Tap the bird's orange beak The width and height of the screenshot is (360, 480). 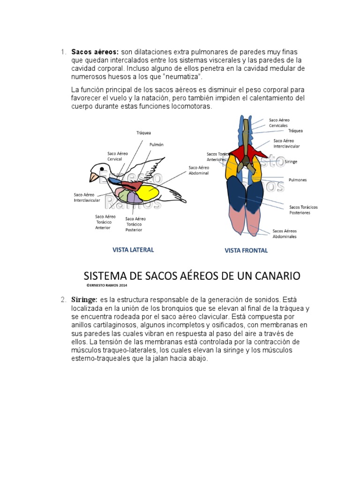click(93, 177)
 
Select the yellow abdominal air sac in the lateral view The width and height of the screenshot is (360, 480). click(147, 192)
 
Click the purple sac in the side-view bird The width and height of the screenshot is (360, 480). click(134, 197)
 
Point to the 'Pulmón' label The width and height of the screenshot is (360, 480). click(156, 145)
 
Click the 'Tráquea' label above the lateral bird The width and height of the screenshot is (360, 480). click(143, 133)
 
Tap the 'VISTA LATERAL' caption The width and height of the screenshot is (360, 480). click(133, 250)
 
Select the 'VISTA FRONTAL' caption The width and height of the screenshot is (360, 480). click(246, 250)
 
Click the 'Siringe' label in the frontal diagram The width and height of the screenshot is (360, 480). click(291, 162)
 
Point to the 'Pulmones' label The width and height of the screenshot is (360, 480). click(298, 179)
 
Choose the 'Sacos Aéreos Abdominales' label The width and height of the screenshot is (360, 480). click(285, 233)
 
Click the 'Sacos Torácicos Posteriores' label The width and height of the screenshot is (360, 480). click(303, 210)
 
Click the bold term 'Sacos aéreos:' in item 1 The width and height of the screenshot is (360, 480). click(95, 52)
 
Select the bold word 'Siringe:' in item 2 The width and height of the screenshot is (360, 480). click(84, 299)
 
